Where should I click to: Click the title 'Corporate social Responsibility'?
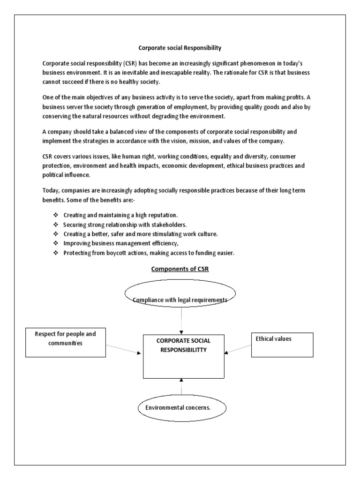tap(180, 47)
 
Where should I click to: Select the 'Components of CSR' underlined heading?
tap(180, 269)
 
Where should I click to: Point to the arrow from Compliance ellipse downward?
tap(180, 324)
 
